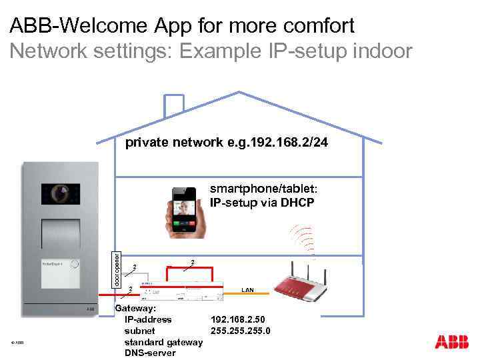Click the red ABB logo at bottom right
451,342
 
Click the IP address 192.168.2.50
237,319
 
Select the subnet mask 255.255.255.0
240,331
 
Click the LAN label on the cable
247,290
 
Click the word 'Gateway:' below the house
136,309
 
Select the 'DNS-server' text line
150,353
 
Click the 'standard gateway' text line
163,342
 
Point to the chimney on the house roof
174,105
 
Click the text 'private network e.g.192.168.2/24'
227,143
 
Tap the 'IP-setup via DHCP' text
261,203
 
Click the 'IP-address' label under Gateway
148,319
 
